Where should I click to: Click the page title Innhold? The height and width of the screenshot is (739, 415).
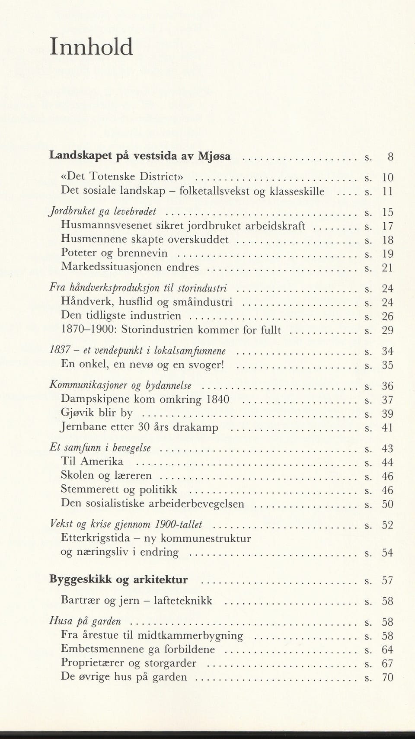click(91, 47)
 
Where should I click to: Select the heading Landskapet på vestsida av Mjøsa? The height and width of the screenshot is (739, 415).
click(140, 156)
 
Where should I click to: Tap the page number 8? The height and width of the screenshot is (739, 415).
click(390, 157)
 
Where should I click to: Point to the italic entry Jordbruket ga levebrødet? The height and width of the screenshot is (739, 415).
click(103, 211)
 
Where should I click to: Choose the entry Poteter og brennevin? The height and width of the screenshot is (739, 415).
click(114, 253)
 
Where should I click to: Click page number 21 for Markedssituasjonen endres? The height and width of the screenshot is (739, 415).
click(387, 268)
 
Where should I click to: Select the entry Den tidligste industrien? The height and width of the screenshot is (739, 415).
click(121, 316)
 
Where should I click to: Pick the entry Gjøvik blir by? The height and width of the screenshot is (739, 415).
click(97, 413)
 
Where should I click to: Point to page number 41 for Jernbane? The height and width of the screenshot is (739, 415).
click(387, 428)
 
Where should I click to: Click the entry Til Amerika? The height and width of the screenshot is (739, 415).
click(92, 461)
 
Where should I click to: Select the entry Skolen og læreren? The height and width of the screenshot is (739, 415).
click(106, 476)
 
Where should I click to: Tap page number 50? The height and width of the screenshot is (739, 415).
click(387, 504)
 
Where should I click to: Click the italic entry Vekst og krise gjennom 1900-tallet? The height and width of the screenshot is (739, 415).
click(126, 525)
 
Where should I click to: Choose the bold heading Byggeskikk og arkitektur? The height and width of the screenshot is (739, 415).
click(119, 579)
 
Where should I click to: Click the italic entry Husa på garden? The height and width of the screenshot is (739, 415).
click(85, 621)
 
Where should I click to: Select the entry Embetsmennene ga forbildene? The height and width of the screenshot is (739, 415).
click(138, 649)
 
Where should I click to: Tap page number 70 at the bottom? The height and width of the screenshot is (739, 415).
click(387, 677)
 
